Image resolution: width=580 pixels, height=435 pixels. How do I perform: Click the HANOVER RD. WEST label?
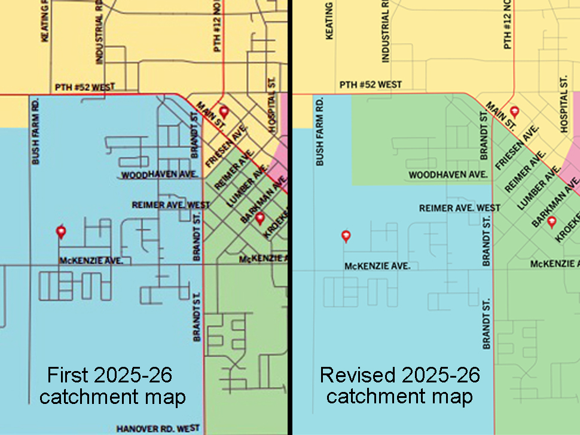pyautogui.click(x=158, y=428)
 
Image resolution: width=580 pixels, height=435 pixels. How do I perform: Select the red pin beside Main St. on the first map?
pyautogui.click(x=224, y=112)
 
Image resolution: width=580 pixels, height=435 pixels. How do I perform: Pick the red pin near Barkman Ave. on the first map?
pyautogui.click(x=260, y=219)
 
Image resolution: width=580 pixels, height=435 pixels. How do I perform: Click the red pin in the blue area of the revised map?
pyautogui.click(x=346, y=236)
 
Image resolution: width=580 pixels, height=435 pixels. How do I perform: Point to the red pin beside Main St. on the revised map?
pyautogui.click(x=514, y=112)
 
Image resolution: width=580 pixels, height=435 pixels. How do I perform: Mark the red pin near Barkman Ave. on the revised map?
pyautogui.click(x=552, y=222)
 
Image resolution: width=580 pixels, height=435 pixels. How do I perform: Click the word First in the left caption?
pyautogui.click(x=67, y=375)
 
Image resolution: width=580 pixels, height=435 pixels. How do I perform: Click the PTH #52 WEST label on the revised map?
pyautogui.click(x=371, y=85)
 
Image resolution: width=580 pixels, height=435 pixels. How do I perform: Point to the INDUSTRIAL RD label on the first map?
pyautogui.click(x=99, y=36)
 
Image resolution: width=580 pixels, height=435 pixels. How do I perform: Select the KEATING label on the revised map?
pyautogui.click(x=329, y=21)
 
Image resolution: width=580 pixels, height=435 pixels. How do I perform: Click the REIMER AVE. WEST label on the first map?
pyautogui.click(x=171, y=205)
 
